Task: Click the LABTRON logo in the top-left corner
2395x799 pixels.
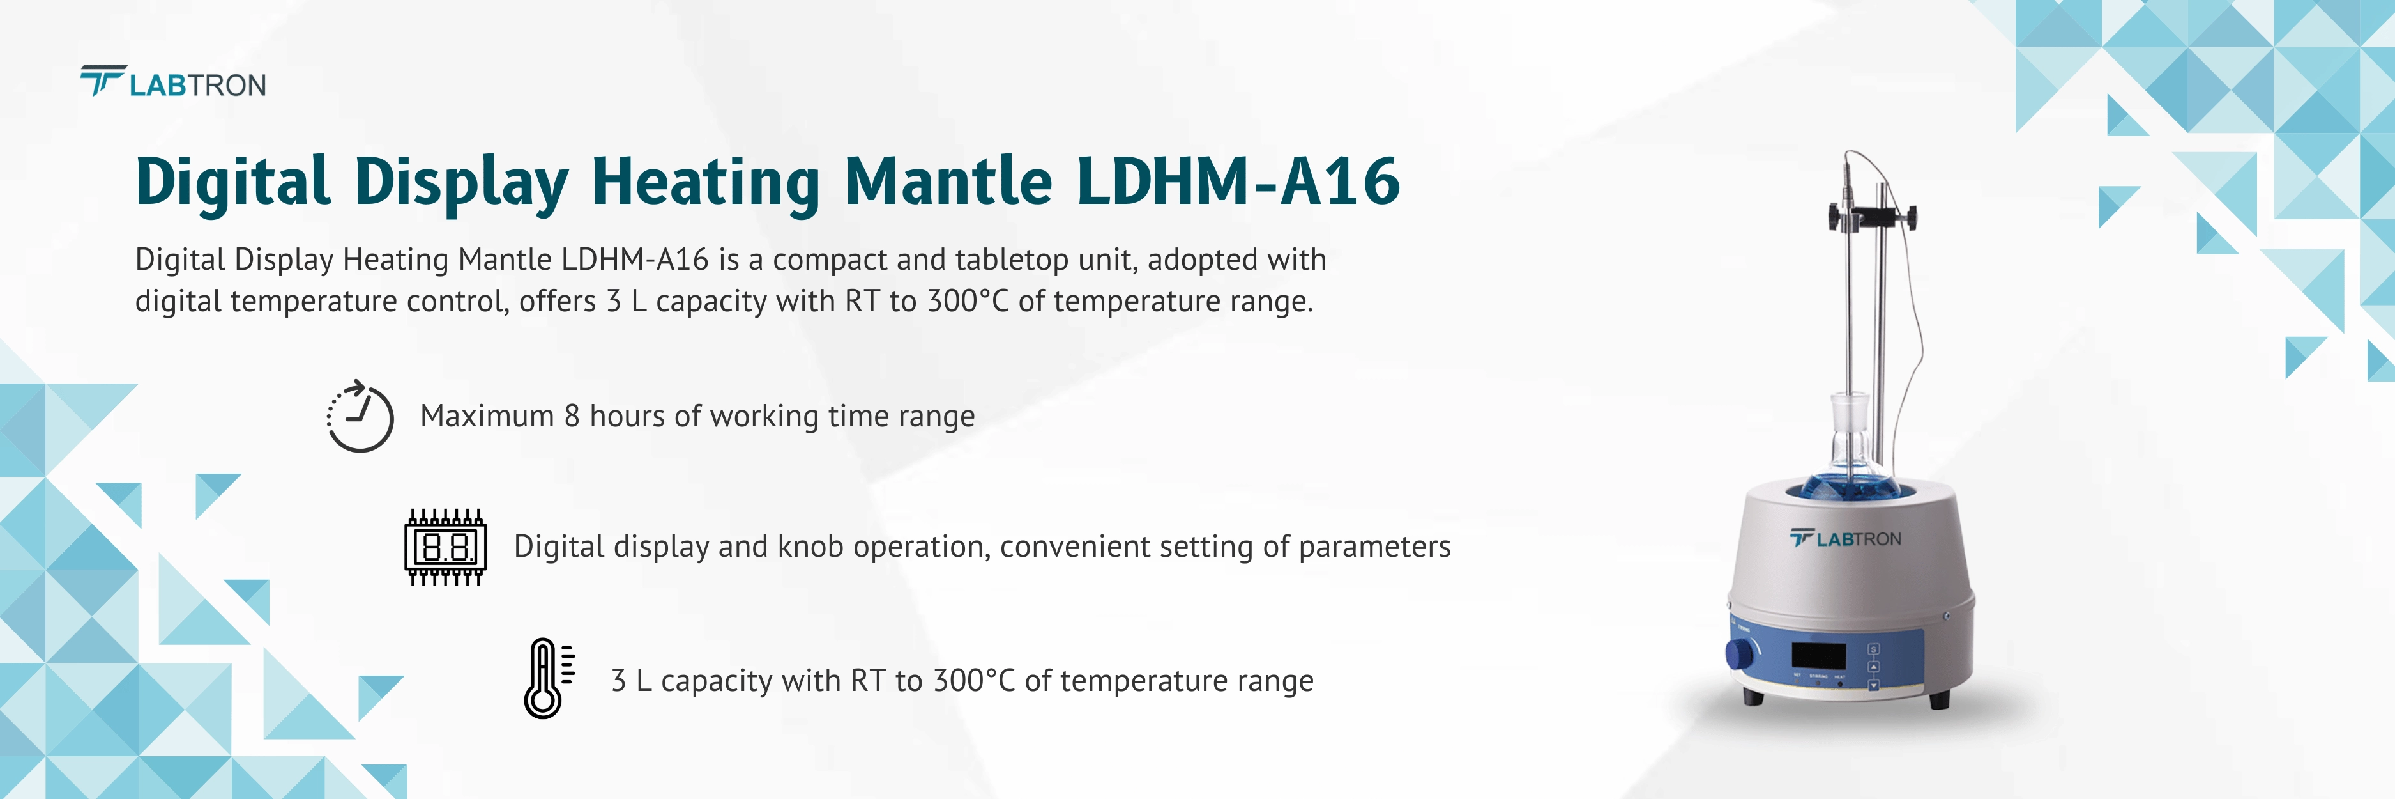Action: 173,84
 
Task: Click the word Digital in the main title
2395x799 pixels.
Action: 232,182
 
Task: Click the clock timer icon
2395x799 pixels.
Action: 360,417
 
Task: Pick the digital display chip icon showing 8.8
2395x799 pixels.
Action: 445,547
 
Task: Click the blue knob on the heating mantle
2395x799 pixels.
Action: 1738,654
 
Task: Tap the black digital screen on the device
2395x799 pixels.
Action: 1818,655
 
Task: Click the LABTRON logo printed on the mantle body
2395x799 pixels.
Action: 1846,539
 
